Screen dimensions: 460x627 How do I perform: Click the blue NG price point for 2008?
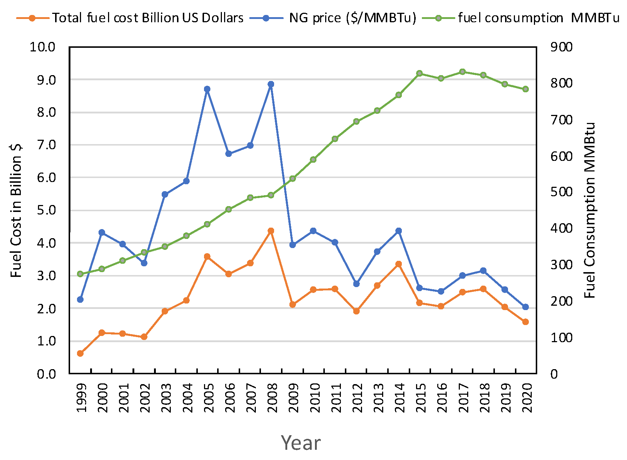click(271, 84)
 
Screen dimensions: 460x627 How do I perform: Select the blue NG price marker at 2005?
click(207, 89)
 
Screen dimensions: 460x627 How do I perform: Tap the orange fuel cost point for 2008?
click(271, 231)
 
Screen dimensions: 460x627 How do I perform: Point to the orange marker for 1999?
click(80, 353)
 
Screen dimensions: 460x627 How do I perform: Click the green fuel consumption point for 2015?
click(419, 73)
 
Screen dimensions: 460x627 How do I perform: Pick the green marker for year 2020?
click(526, 89)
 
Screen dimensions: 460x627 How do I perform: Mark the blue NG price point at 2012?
click(357, 284)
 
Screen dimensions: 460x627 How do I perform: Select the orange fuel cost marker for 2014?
click(399, 264)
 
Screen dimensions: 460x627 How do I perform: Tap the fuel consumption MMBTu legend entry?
click(538, 18)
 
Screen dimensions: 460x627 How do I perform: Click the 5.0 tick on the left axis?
click(46, 210)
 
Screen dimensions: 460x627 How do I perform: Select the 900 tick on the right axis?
click(561, 47)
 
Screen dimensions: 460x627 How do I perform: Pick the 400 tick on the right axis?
click(561, 228)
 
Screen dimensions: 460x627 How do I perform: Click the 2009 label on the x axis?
click(293, 398)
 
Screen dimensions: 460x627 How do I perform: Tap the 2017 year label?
click(463, 398)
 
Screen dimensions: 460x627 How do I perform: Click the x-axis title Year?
click(301, 443)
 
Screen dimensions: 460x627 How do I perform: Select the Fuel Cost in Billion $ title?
click(16, 210)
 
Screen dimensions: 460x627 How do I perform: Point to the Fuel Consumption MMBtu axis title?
click(589, 210)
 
